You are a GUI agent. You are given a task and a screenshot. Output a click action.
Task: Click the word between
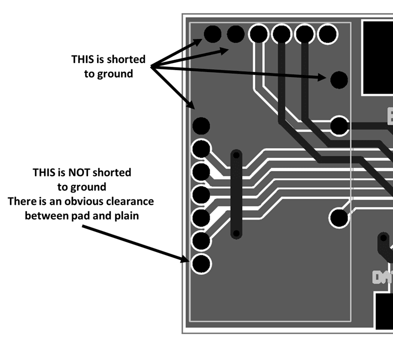tap(46, 216)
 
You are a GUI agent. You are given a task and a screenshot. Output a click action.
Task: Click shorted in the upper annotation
tap(126, 59)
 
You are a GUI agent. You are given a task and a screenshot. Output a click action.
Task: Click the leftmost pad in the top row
tap(212, 34)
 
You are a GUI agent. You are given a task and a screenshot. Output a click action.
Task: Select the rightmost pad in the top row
tap(327, 34)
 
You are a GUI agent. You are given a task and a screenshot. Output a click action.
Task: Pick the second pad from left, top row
tap(235, 34)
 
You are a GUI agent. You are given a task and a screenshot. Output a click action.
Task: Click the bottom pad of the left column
tap(201, 263)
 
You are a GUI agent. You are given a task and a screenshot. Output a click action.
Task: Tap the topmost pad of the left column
tap(201, 125)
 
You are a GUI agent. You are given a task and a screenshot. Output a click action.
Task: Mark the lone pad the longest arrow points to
tap(339, 79)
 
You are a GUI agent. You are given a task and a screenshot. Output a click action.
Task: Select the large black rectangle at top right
tap(377, 57)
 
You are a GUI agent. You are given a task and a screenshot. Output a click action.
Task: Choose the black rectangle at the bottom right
tap(383, 311)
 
